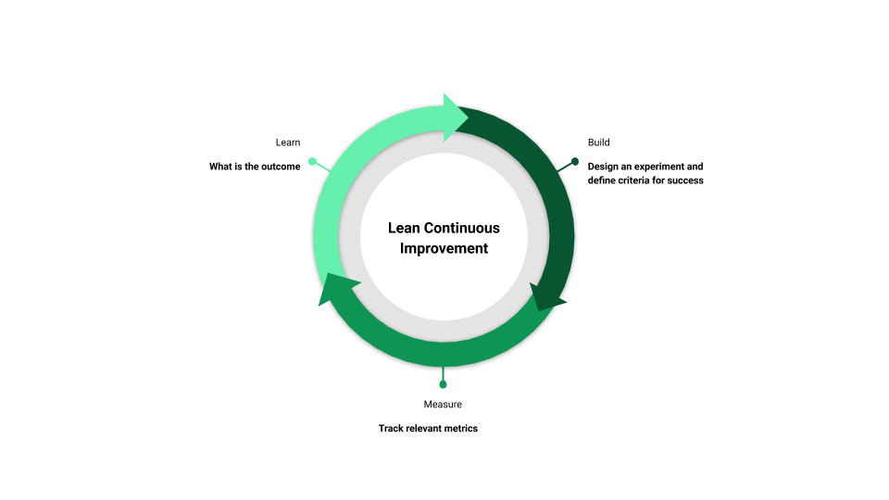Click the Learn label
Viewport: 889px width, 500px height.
point(287,143)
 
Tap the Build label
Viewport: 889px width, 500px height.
point(599,143)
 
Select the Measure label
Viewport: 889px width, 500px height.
point(443,405)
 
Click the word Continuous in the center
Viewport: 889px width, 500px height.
point(462,228)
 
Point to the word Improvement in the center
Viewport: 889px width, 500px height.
point(444,248)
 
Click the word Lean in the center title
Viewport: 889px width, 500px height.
point(404,228)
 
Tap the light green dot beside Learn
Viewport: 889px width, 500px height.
point(312,161)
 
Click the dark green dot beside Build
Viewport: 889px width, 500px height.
point(575,161)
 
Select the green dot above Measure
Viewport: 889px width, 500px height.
point(443,384)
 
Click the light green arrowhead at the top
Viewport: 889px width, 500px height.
point(454,118)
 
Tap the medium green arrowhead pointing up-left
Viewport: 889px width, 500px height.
point(335,288)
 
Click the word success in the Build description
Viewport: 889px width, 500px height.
point(685,181)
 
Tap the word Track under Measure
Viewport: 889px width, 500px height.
point(391,429)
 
